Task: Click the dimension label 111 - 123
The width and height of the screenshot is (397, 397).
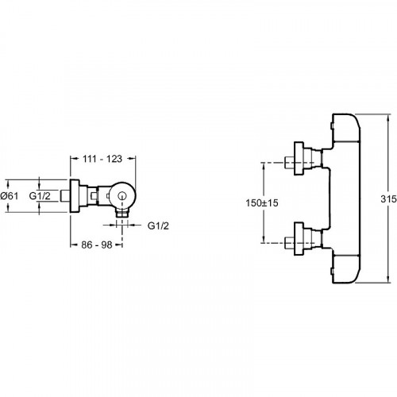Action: (x=102, y=159)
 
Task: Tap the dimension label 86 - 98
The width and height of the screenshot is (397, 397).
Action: (x=97, y=245)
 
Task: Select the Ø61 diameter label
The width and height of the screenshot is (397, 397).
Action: (x=10, y=196)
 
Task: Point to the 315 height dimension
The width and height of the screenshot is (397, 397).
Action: (x=389, y=198)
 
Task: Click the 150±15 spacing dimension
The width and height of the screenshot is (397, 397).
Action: (x=262, y=203)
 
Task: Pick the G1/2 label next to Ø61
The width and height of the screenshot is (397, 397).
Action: (x=40, y=196)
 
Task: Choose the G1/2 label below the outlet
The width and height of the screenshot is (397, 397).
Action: (x=158, y=225)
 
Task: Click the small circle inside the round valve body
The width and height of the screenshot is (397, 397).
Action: (x=122, y=197)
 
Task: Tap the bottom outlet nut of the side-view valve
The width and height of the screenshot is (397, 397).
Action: (x=122, y=213)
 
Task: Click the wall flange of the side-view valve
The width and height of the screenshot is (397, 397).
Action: (x=75, y=196)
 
